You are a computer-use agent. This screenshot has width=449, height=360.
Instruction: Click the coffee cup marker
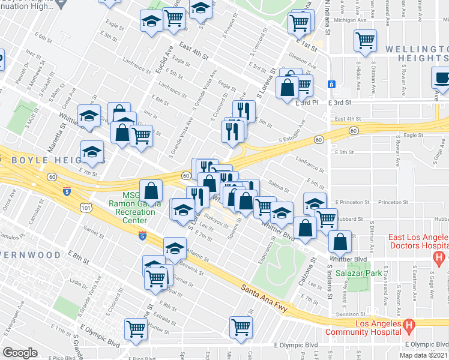(x=443, y=77)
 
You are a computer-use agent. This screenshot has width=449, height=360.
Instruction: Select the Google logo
(x=20, y=352)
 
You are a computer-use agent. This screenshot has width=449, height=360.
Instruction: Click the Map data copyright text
(x=423, y=355)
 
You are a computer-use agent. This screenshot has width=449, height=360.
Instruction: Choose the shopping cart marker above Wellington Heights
(x=364, y=41)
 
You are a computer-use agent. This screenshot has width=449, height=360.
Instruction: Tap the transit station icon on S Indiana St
(x=331, y=84)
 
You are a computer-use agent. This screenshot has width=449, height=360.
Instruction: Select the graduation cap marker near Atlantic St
(x=175, y=248)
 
